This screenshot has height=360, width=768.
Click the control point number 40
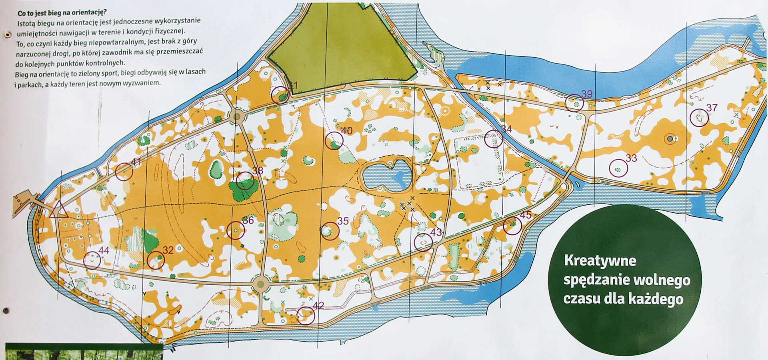tap(346, 131)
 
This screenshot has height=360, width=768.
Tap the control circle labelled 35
tap(330, 231)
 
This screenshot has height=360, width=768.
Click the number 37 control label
tap(712, 108)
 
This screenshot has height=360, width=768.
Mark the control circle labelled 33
tap(618, 168)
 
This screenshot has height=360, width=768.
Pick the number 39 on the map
tap(587, 94)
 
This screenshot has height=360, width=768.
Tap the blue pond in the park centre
tap(386, 175)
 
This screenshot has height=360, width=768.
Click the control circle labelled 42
tap(306, 316)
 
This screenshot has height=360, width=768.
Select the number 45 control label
tap(525, 215)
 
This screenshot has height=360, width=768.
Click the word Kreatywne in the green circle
tap(600, 261)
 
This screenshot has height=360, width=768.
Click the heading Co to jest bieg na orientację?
tap(62, 12)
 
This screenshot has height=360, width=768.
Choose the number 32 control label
tap(168, 250)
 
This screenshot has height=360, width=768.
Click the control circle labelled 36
tap(236, 231)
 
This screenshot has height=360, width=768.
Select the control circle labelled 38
tap(245, 181)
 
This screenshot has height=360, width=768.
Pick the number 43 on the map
tap(436, 232)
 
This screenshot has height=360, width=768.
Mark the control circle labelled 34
tap(494, 139)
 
